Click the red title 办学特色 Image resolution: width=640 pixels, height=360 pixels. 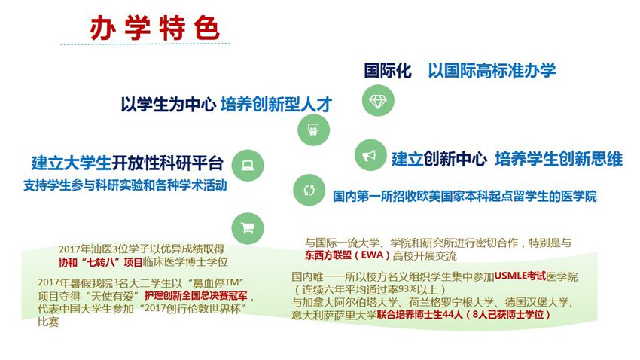[x=154, y=28]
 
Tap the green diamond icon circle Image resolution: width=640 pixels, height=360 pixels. [x=378, y=100]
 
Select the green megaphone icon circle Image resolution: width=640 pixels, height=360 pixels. [x=370, y=155]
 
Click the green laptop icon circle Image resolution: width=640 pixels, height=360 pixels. [x=248, y=165]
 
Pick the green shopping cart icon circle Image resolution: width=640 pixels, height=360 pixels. [x=248, y=228]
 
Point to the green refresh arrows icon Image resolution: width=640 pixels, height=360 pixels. [x=309, y=191]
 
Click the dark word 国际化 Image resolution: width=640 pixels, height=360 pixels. [x=388, y=71]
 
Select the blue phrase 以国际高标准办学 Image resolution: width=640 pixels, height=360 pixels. [x=492, y=71]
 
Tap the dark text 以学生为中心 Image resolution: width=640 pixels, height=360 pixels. [x=168, y=105]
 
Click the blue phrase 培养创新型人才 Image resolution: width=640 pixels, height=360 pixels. [x=276, y=105]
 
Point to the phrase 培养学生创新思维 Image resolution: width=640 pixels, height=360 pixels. [x=559, y=159]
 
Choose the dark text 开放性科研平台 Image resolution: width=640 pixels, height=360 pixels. [x=167, y=163]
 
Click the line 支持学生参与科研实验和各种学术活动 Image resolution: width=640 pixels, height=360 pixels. [x=125, y=186]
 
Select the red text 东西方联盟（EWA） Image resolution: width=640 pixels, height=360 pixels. [x=347, y=255]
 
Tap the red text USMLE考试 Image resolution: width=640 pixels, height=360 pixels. [x=520, y=276]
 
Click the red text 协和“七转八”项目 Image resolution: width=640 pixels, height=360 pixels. [x=101, y=262]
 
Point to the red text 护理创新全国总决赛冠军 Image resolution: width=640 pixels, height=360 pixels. [x=196, y=295]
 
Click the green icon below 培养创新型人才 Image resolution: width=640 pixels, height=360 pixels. [x=313, y=130]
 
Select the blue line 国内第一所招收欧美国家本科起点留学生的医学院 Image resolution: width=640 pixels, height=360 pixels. [x=465, y=197]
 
